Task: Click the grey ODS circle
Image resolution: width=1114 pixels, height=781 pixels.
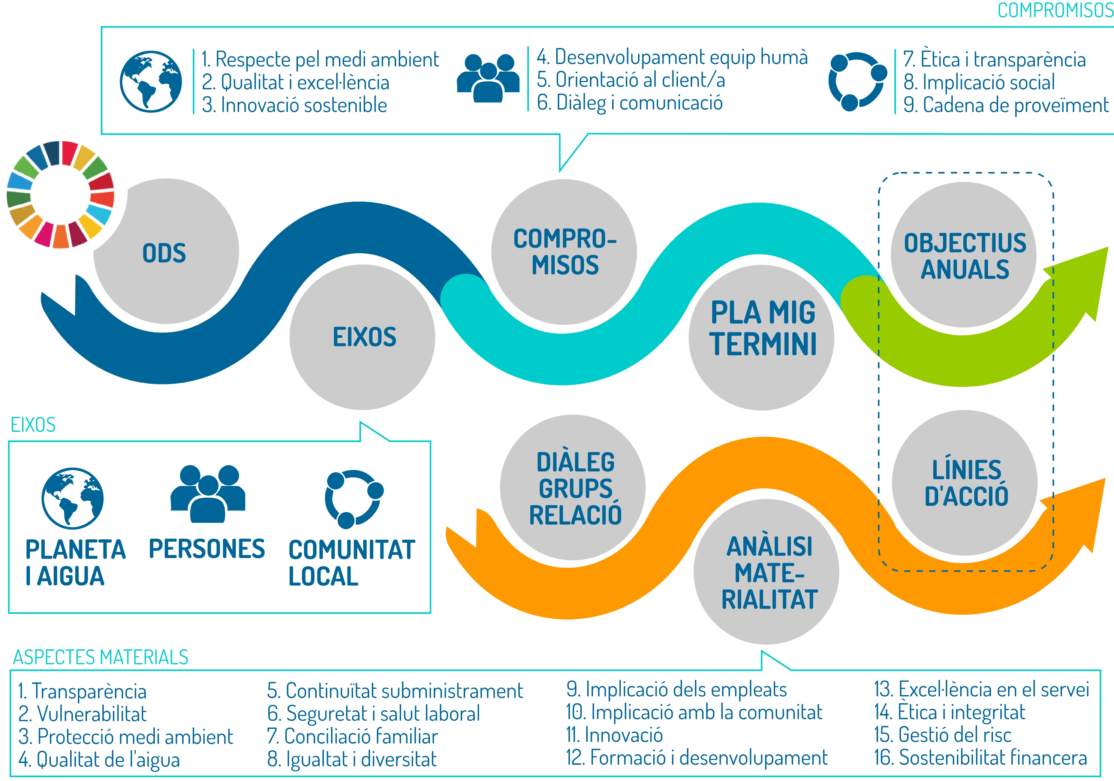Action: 166,252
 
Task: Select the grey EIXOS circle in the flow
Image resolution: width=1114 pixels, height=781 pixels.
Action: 362,337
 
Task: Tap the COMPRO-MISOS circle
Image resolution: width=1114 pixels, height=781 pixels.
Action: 564,252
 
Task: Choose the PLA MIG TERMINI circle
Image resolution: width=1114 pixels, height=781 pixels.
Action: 761,337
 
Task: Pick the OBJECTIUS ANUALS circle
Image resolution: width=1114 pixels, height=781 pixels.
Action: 964,255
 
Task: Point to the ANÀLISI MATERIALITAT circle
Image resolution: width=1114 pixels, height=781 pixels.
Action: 766,572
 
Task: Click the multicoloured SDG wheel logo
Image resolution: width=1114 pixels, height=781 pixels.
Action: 61,195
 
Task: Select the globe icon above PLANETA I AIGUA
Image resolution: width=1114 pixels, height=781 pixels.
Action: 72,498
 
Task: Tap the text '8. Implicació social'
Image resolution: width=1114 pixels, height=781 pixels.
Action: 979,82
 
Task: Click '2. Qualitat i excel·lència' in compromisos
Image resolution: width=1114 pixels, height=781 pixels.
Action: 295,82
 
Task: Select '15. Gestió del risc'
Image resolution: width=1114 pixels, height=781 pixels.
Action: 942,735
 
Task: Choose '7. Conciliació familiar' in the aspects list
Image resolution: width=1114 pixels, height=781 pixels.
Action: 352,736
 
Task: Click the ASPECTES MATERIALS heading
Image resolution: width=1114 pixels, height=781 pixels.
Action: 100,657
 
